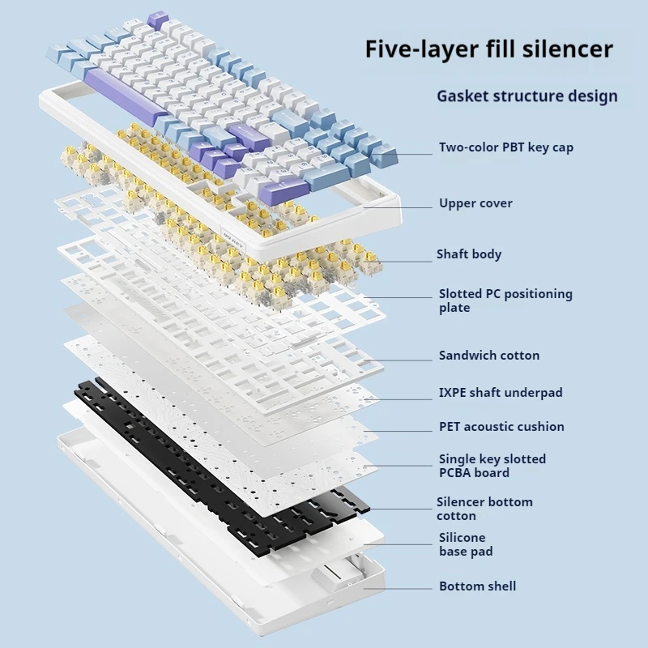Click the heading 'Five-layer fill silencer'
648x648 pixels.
(x=488, y=49)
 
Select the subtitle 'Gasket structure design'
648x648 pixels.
(x=526, y=96)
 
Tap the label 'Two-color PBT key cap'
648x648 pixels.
(x=505, y=147)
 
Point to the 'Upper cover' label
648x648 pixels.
(x=475, y=203)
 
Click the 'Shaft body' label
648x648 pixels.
(x=469, y=254)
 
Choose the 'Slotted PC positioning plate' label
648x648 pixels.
(x=505, y=301)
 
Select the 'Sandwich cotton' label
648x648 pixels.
(x=488, y=356)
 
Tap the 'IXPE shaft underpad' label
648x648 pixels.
(x=500, y=393)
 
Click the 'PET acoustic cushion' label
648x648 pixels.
(x=501, y=427)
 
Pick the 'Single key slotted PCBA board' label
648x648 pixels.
(x=492, y=466)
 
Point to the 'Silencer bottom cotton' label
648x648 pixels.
(x=484, y=509)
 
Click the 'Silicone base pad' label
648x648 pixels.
(x=465, y=544)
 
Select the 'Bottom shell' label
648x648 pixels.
(x=477, y=586)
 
